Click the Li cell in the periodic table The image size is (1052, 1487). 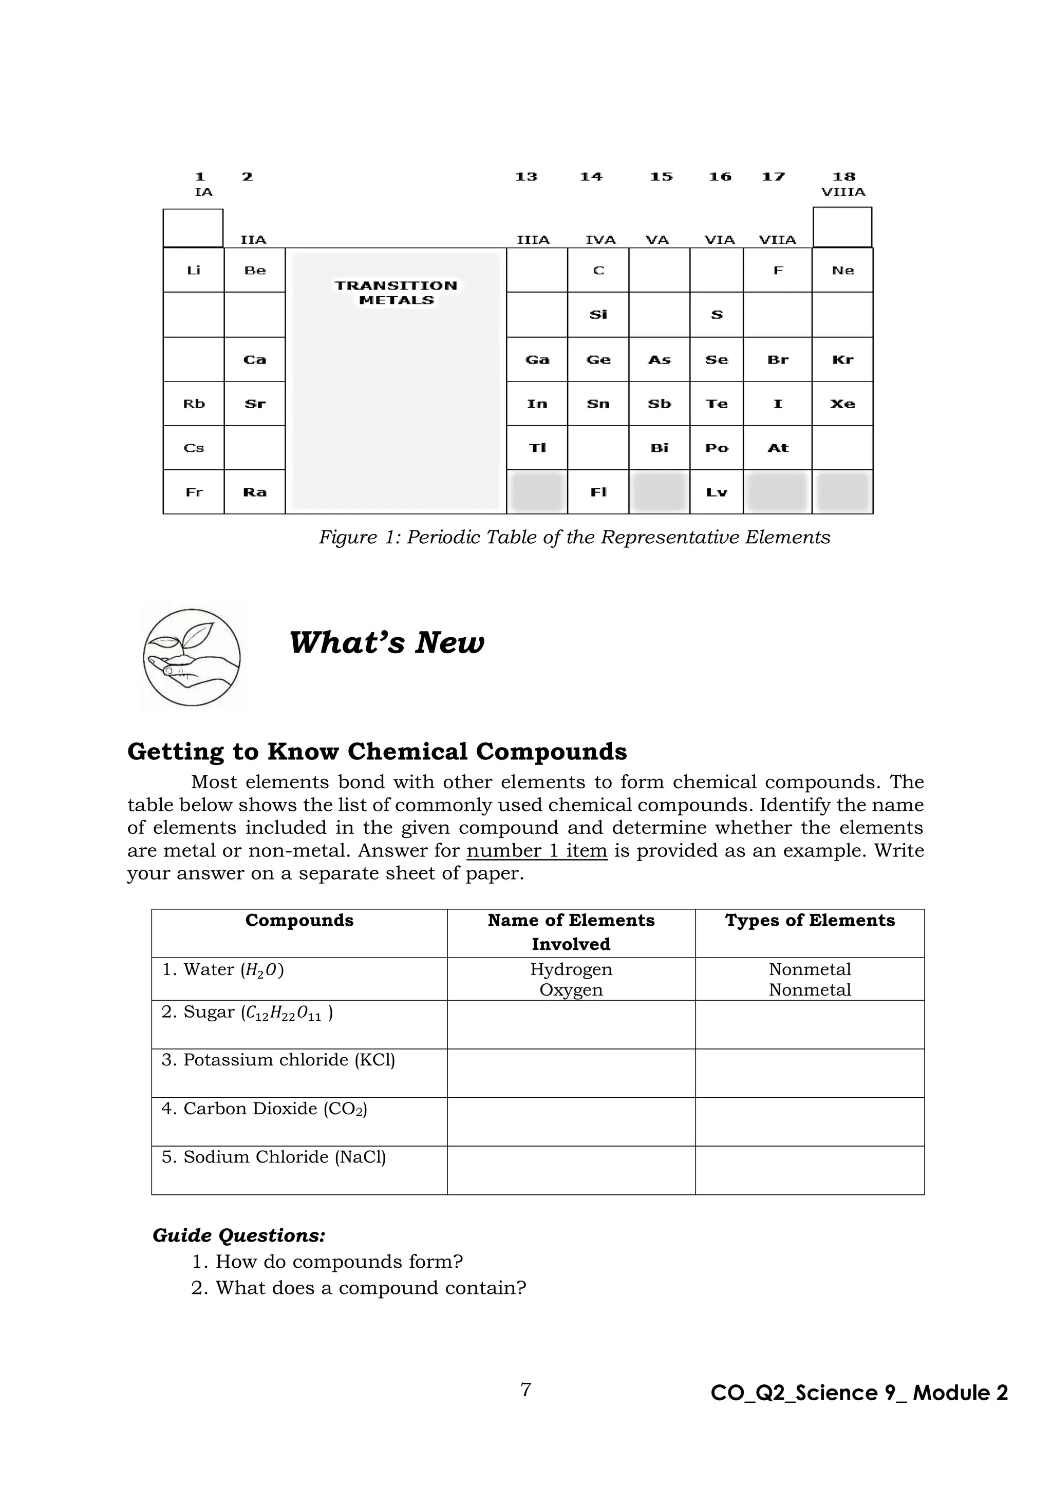194,271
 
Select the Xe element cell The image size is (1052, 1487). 842,404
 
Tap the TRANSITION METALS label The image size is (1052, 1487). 396,293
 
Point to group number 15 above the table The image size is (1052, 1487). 661,177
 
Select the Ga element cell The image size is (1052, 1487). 537,360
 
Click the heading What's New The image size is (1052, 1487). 386,642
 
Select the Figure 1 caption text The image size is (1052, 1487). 574,538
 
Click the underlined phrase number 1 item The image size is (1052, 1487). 536,850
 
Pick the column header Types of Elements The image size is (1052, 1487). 809,920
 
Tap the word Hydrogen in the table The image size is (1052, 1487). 571,969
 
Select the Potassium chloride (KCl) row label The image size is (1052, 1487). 278,1060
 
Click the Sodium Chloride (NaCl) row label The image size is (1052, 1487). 273,1157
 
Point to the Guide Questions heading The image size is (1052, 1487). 238,1236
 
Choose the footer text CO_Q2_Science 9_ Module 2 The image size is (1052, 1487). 859,1393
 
